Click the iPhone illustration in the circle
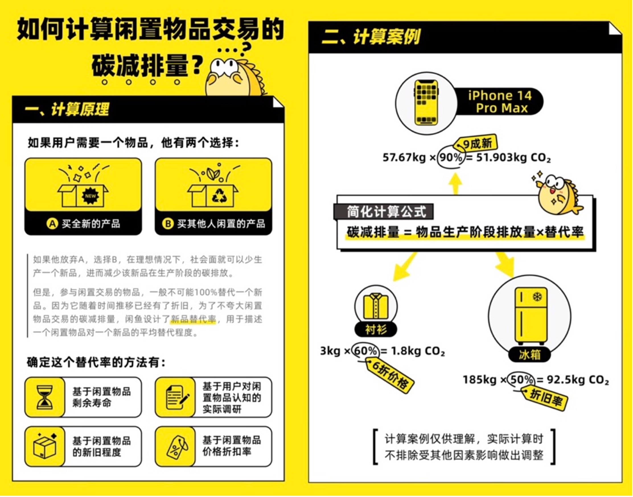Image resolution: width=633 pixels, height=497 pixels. click(426, 102)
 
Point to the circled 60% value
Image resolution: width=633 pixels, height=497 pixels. click(365, 351)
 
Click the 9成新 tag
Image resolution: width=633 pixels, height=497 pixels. click(477, 143)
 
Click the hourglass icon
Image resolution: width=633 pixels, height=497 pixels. click(45, 397)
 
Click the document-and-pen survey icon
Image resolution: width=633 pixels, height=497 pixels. click(176, 397)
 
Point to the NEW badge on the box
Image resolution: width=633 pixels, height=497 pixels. click(90, 196)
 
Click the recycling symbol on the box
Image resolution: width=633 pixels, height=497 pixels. click(219, 196)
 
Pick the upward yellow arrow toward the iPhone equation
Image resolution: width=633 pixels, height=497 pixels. click(455, 183)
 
